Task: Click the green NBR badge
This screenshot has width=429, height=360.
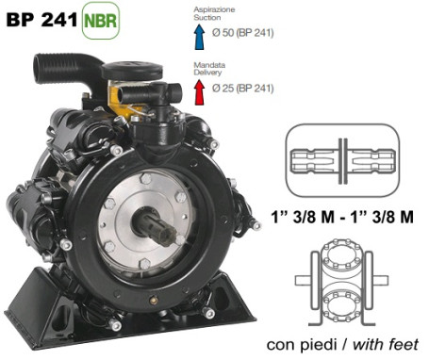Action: click(x=101, y=21)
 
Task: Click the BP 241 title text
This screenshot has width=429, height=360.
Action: click(x=41, y=20)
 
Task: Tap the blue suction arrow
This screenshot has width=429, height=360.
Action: click(x=199, y=37)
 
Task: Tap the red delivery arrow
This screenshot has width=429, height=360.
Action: click(x=199, y=92)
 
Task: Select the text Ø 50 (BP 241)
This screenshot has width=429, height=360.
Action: click(x=243, y=33)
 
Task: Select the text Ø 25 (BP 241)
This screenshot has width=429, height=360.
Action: click(x=243, y=89)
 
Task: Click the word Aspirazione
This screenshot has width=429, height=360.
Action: click(x=214, y=9)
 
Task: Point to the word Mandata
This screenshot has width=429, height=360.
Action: click(x=209, y=65)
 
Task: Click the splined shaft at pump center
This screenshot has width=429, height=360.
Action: click(x=155, y=226)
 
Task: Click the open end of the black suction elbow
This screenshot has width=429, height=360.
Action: click(x=41, y=68)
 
